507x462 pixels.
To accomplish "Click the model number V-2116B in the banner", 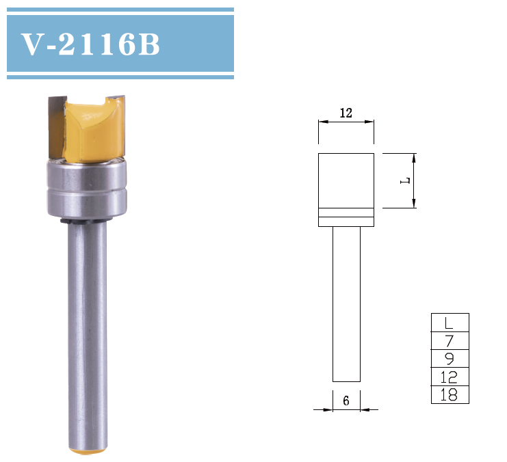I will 91,44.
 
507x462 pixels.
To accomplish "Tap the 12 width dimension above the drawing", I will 346,113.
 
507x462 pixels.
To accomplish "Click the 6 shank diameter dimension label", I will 346,401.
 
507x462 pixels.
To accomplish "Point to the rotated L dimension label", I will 405,180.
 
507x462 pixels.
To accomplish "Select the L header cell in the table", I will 450,323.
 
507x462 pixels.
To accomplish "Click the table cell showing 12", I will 450,377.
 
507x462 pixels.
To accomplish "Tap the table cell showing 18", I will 450,394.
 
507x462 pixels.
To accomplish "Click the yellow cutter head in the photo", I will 92,130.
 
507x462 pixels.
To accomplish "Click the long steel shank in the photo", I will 87,328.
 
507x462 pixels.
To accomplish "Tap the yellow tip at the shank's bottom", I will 88,450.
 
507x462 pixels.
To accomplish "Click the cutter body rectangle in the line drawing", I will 346,180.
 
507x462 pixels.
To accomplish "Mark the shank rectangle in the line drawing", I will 346,303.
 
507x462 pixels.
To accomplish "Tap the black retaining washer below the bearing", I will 68,221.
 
